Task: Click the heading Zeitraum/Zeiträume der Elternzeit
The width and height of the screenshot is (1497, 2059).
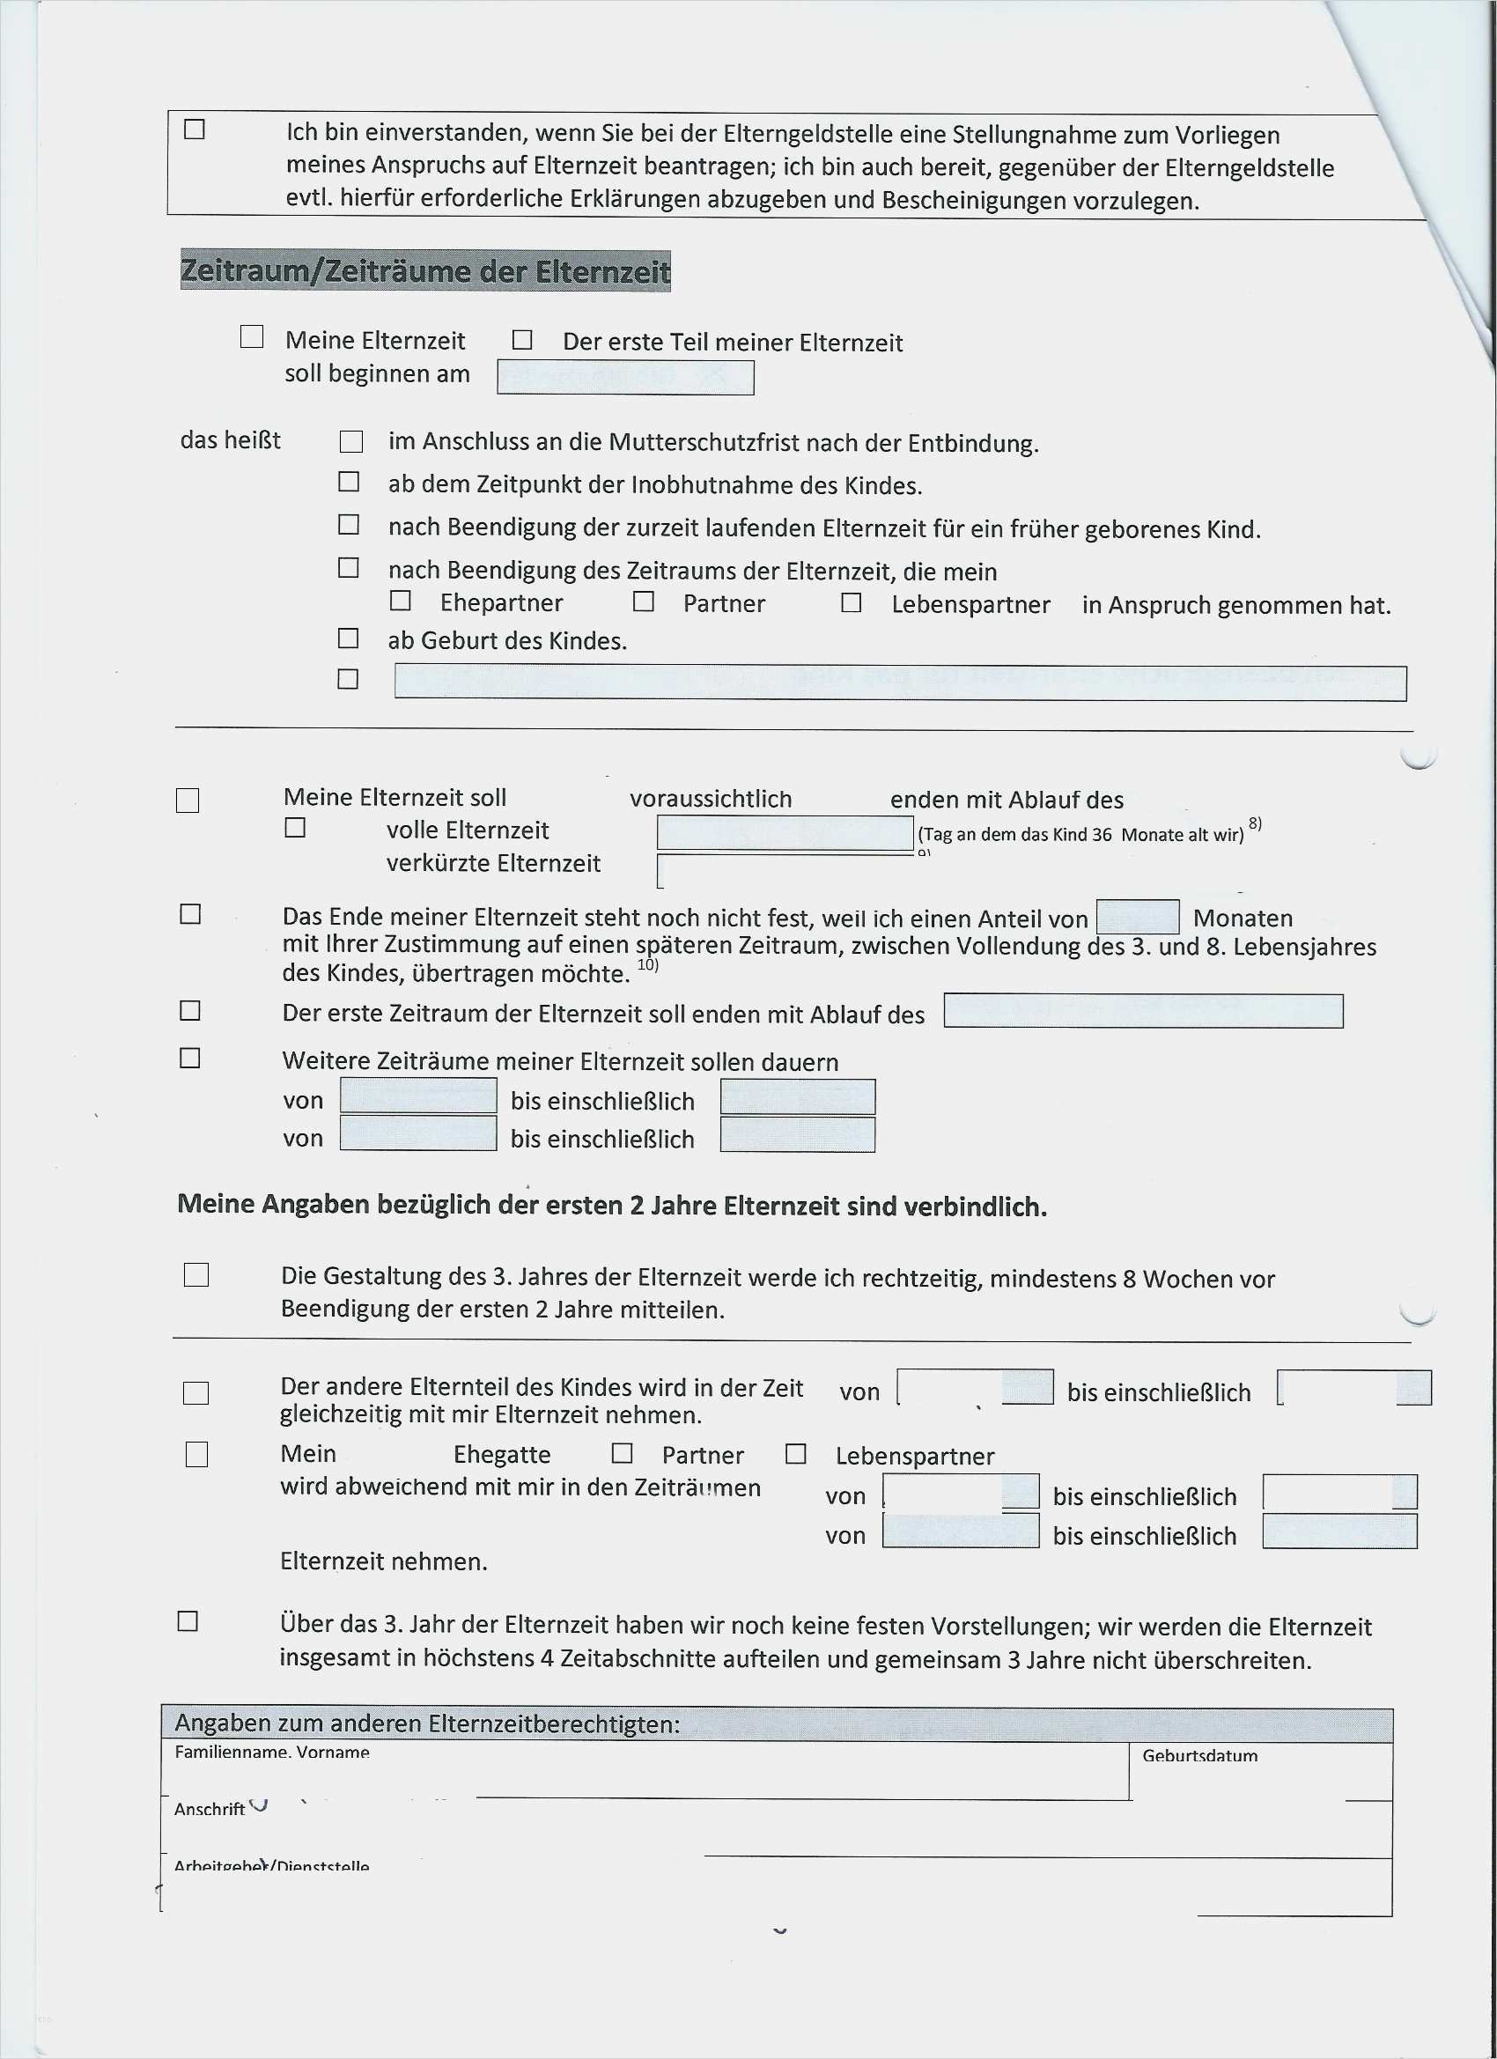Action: (x=424, y=270)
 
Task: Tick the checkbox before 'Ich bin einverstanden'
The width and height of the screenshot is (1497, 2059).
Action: (x=195, y=129)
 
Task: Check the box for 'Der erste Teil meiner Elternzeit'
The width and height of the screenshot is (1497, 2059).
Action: (x=522, y=340)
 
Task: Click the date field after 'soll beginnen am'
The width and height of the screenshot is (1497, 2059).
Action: (x=625, y=377)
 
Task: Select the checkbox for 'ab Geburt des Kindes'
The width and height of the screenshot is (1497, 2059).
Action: (x=348, y=638)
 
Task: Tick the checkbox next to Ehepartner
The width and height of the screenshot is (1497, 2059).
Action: (x=401, y=601)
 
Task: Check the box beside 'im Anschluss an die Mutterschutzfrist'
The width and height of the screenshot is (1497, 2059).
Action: (x=351, y=441)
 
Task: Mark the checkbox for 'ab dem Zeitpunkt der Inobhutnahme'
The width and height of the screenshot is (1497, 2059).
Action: (x=349, y=481)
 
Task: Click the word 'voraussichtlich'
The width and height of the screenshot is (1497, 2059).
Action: (x=710, y=799)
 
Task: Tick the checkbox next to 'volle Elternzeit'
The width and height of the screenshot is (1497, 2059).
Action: (x=295, y=827)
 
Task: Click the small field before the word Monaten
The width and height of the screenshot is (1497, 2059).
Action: (x=1138, y=917)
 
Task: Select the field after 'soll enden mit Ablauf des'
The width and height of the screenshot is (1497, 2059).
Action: (x=1143, y=1010)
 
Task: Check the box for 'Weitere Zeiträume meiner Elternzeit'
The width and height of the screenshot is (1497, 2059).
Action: (x=189, y=1058)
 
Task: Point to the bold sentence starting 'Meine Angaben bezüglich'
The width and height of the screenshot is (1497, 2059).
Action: (x=612, y=1206)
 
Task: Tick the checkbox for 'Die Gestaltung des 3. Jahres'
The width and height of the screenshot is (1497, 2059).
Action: (x=196, y=1274)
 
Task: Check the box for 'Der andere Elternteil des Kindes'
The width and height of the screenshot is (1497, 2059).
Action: (x=196, y=1392)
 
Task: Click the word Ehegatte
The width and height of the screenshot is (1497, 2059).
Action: (x=501, y=1454)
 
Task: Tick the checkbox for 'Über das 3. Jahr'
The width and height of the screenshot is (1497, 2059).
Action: (x=188, y=1620)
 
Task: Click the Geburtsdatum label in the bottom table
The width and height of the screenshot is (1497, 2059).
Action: (x=1199, y=1755)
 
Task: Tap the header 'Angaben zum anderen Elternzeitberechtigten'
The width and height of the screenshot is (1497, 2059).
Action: (x=427, y=1723)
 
